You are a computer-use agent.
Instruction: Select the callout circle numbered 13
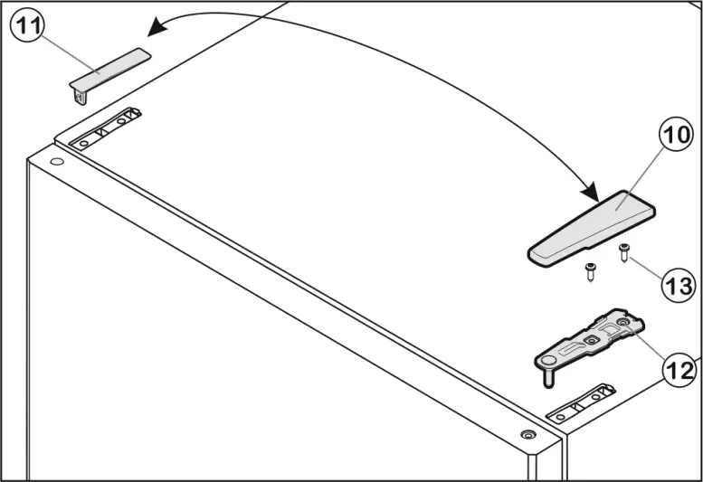(678, 286)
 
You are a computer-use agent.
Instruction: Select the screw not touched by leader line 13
(590, 271)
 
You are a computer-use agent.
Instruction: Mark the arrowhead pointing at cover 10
(590, 193)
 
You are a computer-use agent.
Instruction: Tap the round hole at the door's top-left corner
(57, 163)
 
